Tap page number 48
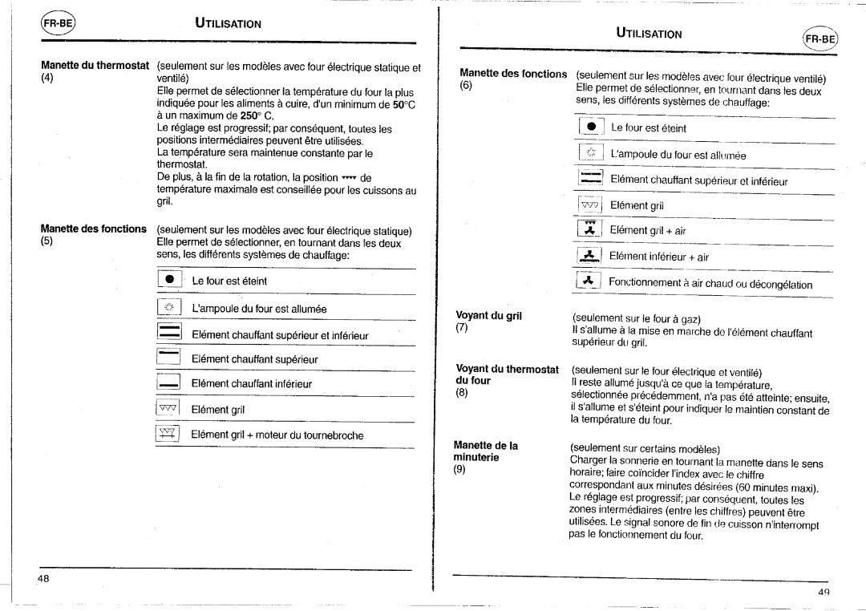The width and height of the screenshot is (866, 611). point(43,578)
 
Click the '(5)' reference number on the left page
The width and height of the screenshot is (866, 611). point(47,242)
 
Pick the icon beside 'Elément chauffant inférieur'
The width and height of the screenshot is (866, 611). point(168,384)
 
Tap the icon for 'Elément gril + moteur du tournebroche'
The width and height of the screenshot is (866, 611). point(168,435)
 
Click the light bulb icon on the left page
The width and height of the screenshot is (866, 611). point(168,309)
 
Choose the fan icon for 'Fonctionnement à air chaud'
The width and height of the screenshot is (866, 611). point(589,283)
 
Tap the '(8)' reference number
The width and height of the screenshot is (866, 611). point(461,394)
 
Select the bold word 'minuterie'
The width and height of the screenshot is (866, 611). point(477,458)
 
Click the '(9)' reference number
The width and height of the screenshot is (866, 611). point(460,471)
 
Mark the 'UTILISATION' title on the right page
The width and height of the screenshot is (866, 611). point(649,34)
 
